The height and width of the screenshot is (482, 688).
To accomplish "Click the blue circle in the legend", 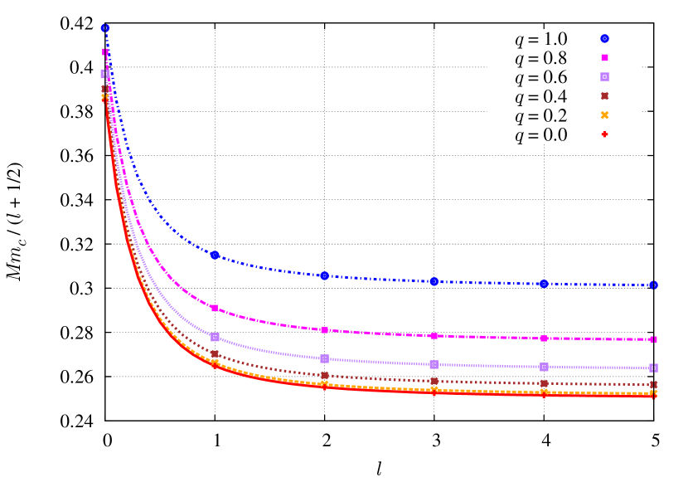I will [605, 38].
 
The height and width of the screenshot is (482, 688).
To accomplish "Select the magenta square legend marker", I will [605, 57].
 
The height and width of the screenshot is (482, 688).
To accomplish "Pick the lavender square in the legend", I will [605, 76].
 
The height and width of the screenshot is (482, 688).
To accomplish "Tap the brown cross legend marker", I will [605, 95].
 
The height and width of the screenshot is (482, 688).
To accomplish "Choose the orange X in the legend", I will [605, 115].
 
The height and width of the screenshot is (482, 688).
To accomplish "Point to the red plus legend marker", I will [605, 134].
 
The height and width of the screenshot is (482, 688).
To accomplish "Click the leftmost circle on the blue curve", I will [105, 27].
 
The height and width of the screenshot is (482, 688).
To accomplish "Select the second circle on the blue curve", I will [215, 255].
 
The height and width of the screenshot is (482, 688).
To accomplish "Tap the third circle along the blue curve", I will [324, 275].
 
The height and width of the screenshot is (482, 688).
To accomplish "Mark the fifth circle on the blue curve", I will [544, 284].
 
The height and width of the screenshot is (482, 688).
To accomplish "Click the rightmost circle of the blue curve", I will [653, 285].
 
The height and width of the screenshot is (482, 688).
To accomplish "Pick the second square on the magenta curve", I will [215, 308].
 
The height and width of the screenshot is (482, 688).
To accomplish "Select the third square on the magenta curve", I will [324, 329].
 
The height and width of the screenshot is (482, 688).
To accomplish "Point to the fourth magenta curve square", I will [434, 336].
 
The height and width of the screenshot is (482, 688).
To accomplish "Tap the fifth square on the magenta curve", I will [544, 338].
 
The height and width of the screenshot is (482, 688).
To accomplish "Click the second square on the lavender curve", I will [215, 337].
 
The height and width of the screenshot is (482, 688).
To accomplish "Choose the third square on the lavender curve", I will [324, 358].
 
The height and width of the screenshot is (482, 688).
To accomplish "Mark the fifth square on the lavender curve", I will [544, 367].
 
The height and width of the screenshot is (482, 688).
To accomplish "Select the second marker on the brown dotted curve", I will [215, 353].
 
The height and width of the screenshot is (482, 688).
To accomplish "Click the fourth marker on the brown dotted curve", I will [434, 381].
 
